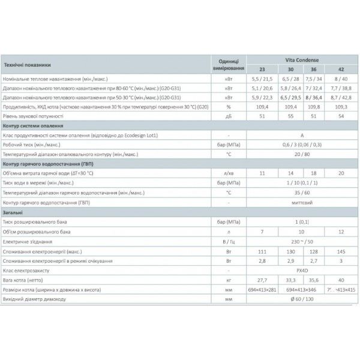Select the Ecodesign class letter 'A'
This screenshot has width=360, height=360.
[298, 136]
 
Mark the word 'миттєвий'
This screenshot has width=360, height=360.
[298, 203]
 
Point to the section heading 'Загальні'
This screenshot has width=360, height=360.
[16, 212]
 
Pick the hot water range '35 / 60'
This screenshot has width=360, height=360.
[298, 194]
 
